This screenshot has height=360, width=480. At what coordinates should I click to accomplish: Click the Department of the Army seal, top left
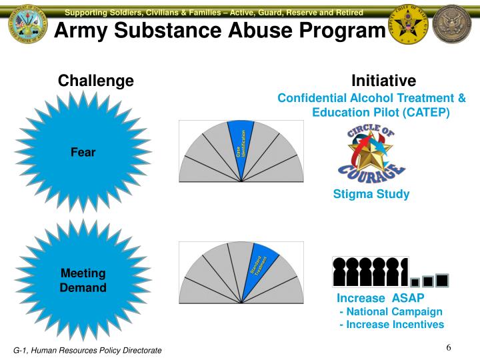(x=28, y=28)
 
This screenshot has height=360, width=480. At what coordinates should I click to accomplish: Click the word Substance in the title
(x=189, y=30)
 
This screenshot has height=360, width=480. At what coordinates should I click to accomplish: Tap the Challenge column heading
(x=96, y=81)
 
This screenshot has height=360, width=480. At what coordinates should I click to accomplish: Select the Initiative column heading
(x=383, y=81)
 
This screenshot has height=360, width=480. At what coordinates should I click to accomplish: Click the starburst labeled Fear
(x=83, y=152)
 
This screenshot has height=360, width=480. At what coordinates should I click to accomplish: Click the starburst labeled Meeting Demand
(x=83, y=281)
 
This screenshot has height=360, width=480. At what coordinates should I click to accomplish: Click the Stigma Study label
(x=371, y=195)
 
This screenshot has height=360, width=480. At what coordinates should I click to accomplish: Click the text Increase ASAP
(x=380, y=297)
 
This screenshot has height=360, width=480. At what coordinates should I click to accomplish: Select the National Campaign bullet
(x=391, y=311)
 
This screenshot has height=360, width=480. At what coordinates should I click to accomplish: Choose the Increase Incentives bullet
(x=391, y=325)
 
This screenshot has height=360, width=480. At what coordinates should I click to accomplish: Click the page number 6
(x=449, y=348)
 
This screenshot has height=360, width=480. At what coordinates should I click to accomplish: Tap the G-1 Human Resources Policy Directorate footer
(x=88, y=351)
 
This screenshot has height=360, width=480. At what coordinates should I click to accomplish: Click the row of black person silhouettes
(x=370, y=271)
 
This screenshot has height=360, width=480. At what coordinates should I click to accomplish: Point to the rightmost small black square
(x=441, y=279)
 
